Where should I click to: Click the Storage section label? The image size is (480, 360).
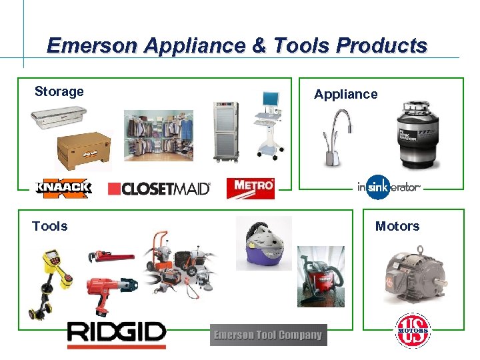tap(59, 92)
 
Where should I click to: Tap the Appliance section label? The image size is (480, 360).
tap(345, 95)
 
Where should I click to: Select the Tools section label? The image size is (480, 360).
tap(50, 227)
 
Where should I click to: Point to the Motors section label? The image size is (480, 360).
tap(397, 227)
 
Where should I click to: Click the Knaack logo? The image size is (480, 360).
tap(63, 188)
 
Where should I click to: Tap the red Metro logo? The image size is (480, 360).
tap(250, 188)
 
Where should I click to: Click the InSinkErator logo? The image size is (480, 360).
tap(389, 187)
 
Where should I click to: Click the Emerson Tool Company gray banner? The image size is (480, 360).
tap(268, 335)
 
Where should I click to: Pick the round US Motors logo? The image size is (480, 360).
tap(412, 330)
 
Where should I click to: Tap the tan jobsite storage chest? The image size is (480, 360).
tap(83, 151)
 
